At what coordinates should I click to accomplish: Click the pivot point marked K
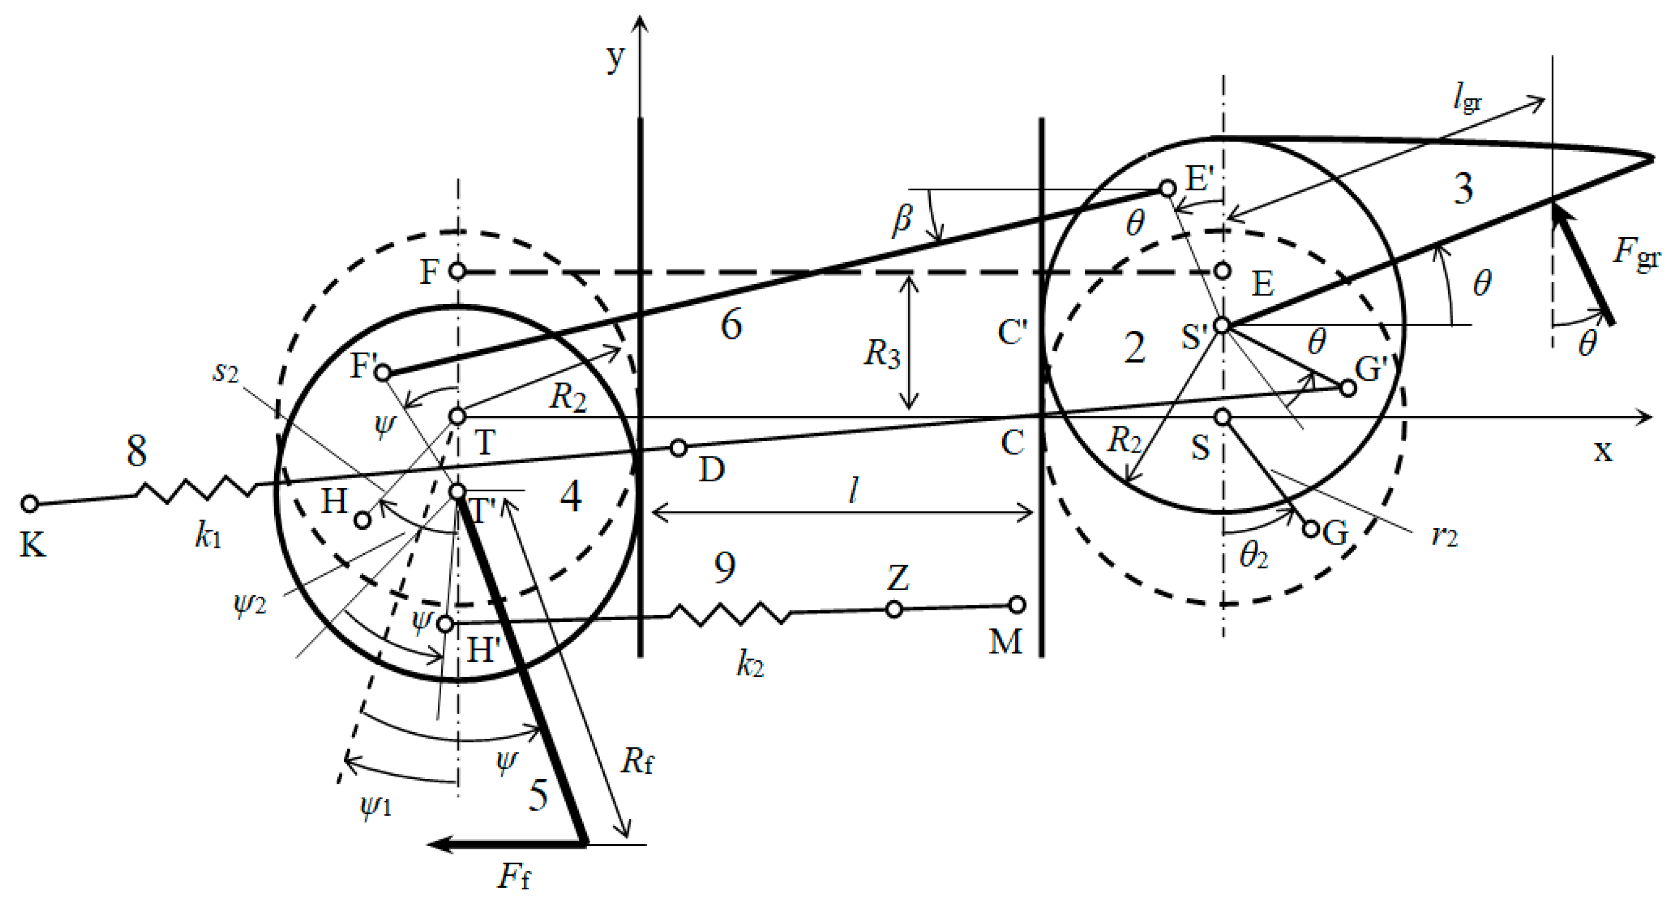click(x=29, y=503)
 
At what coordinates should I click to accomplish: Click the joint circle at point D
click(x=678, y=448)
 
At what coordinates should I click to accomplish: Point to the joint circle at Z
click(x=894, y=609)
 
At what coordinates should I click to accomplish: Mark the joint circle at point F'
click(x=383, y=373)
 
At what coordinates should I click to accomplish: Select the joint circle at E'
click(x=1168, y=189)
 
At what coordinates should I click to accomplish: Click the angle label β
click(x=903, y=219)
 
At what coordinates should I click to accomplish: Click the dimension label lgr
click(x=1467, y=100)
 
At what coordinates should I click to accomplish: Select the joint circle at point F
click(x=458, y=270)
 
